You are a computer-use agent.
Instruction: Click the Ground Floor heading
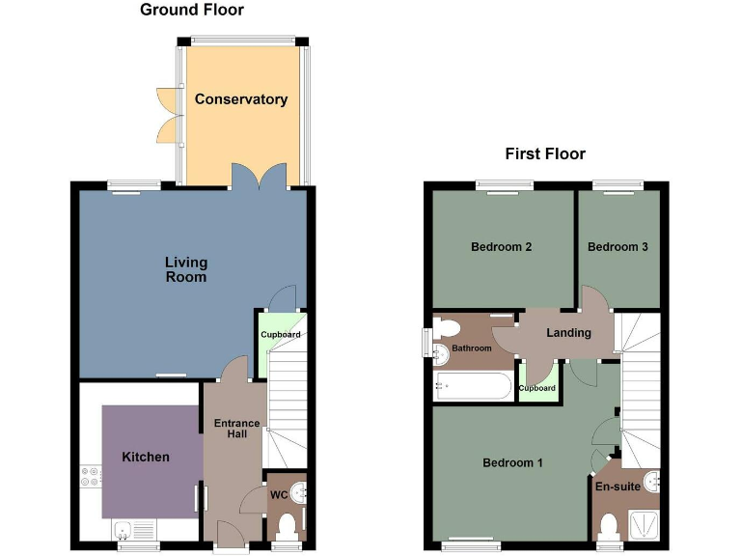click(192, 11)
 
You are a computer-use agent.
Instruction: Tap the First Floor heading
click(545, 154)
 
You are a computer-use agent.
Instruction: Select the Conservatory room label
click(240, 99)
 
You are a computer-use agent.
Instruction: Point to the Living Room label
click(186, 269)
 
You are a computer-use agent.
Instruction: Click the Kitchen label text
click(146, 457)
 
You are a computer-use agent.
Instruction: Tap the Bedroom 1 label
click(512, 463)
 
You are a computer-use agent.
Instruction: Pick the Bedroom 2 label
click(502, 247)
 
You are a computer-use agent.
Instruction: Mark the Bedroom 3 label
click(617, 247)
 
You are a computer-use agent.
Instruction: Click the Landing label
click(568, 333)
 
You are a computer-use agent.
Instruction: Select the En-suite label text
click(617, 486)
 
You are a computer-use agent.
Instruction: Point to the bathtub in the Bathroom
click(472, 387)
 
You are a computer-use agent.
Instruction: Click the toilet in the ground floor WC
click(286, 526)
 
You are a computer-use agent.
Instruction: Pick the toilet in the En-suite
click(609, 525)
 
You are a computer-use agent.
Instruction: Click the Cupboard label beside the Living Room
click(281, 335)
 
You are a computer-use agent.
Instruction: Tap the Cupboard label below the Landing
click(537, 388)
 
